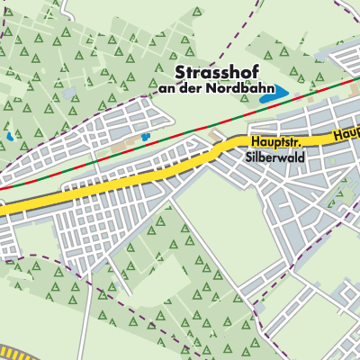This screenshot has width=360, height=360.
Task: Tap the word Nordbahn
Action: [229, 89]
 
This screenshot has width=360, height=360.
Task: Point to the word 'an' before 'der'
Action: [166, 89]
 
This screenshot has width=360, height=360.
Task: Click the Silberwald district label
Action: [274, 156]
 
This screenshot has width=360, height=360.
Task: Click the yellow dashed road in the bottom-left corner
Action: [18, 352]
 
